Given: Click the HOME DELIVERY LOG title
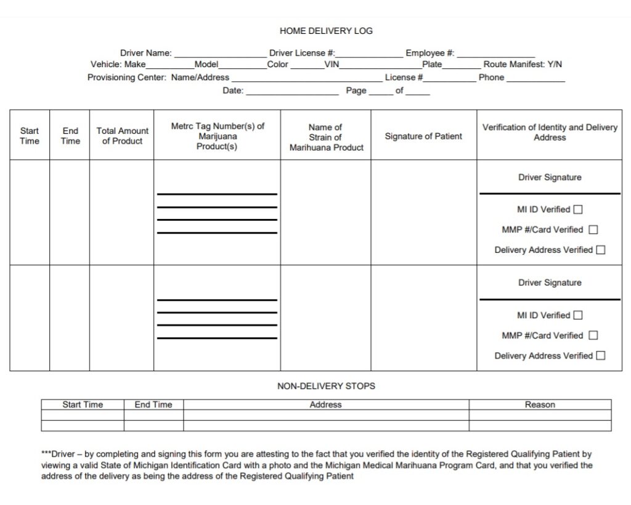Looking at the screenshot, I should click(x=326, y=30).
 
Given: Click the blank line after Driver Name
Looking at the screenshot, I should click(x=220, y=54).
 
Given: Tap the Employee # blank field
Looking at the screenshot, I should click(x=495, y=54).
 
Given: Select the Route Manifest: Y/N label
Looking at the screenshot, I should click(x=523, y=64).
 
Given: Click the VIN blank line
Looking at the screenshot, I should click(x=380, y=65).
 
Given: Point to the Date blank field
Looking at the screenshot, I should click(x=292, y=92).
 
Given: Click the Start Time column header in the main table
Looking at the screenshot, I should click(x=30, y=136).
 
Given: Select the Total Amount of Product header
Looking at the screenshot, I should click(x=122, y=136).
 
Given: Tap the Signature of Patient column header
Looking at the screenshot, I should click(x=423, y=136).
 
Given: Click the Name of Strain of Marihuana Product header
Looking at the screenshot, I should click(x=326, y=137).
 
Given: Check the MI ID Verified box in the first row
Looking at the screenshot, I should click(x=578, y=210).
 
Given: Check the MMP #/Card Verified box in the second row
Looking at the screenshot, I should click(x=593, y=335).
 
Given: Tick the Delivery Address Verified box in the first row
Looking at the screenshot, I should click(x=601, y=250).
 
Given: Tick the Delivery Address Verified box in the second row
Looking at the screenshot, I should click(x=601, y=356).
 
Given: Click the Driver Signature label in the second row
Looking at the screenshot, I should click(x=549, y=283).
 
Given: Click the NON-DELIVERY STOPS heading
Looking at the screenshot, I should click(x=326, y=386).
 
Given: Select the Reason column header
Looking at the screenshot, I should click(x=540, y=405).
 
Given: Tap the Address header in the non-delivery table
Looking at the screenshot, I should click(x=325, y=405).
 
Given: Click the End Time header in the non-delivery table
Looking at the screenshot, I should click(x=153, y=405).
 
